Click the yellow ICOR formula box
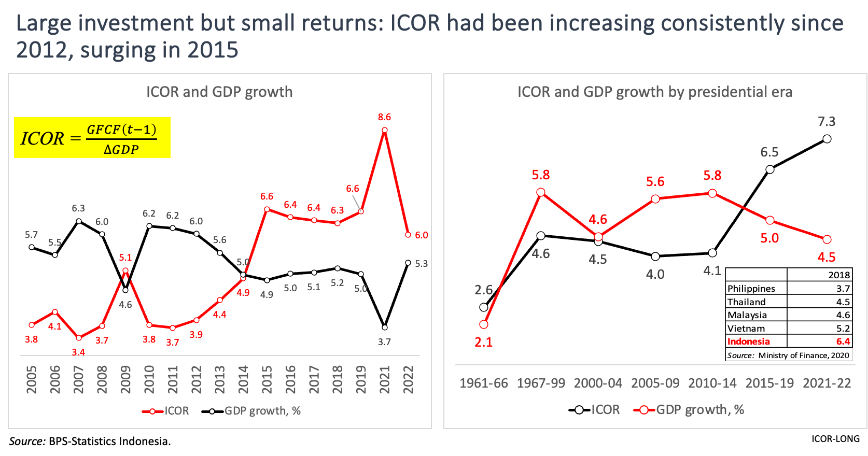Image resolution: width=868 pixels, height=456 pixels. pos(92,138)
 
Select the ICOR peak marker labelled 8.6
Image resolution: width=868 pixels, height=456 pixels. pos(384,130)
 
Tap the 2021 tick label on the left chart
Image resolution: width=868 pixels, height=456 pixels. pos(384,380)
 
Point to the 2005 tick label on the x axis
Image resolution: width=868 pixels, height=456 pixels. pos(32,380)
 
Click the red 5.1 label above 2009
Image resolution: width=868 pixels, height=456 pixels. pos(125,258)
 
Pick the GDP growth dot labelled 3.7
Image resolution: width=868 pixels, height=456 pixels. pos(384,327)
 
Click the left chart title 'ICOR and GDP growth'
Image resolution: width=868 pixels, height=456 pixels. pos(219,92)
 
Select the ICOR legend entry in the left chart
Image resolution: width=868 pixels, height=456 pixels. pos(165,411)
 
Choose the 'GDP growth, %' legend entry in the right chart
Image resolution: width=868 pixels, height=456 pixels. pos(689,410)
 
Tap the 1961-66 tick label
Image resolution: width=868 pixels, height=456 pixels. pos(483,383)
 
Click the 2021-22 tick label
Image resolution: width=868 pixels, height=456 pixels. pos(827,383)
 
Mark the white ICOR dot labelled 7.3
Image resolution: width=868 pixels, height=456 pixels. pos(827,139)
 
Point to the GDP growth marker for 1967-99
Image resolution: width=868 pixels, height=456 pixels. pos(541,192)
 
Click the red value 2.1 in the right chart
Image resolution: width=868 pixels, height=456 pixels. pos(483,342)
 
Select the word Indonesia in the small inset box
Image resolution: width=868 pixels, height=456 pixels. pos(748,341)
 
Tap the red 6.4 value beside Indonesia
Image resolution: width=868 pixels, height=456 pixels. pos(843,341)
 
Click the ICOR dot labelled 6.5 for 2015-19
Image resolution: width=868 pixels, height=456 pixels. pos(770,169)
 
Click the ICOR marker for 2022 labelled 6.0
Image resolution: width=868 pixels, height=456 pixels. pos(408,235)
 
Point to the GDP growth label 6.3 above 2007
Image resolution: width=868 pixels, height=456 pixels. pos(78,208)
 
